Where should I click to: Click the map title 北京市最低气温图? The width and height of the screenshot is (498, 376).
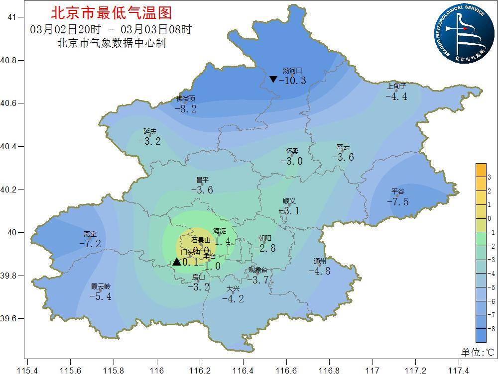111,12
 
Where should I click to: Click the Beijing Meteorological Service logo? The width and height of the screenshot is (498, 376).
462,34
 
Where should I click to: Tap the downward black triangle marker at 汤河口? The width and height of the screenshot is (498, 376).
273,79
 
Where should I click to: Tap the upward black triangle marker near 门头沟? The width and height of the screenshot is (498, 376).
177,262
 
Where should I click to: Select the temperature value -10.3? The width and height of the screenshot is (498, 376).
292,81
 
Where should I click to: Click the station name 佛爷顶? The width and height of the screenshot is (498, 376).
186,99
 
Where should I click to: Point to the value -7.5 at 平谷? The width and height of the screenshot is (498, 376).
398,201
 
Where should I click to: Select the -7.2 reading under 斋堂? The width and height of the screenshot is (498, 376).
90,244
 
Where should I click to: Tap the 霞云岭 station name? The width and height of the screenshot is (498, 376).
101,286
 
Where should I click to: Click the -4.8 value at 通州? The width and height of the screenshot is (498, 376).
319,271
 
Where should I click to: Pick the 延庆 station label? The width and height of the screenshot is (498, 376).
150,131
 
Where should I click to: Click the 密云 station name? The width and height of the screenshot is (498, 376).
343,147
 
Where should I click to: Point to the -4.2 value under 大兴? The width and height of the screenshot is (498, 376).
233,299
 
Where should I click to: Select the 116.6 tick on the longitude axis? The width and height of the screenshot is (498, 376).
286,371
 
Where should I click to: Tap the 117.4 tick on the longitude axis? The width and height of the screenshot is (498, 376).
458,371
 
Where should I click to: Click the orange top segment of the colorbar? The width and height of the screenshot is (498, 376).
481,170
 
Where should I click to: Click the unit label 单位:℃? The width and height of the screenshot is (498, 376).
477,353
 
